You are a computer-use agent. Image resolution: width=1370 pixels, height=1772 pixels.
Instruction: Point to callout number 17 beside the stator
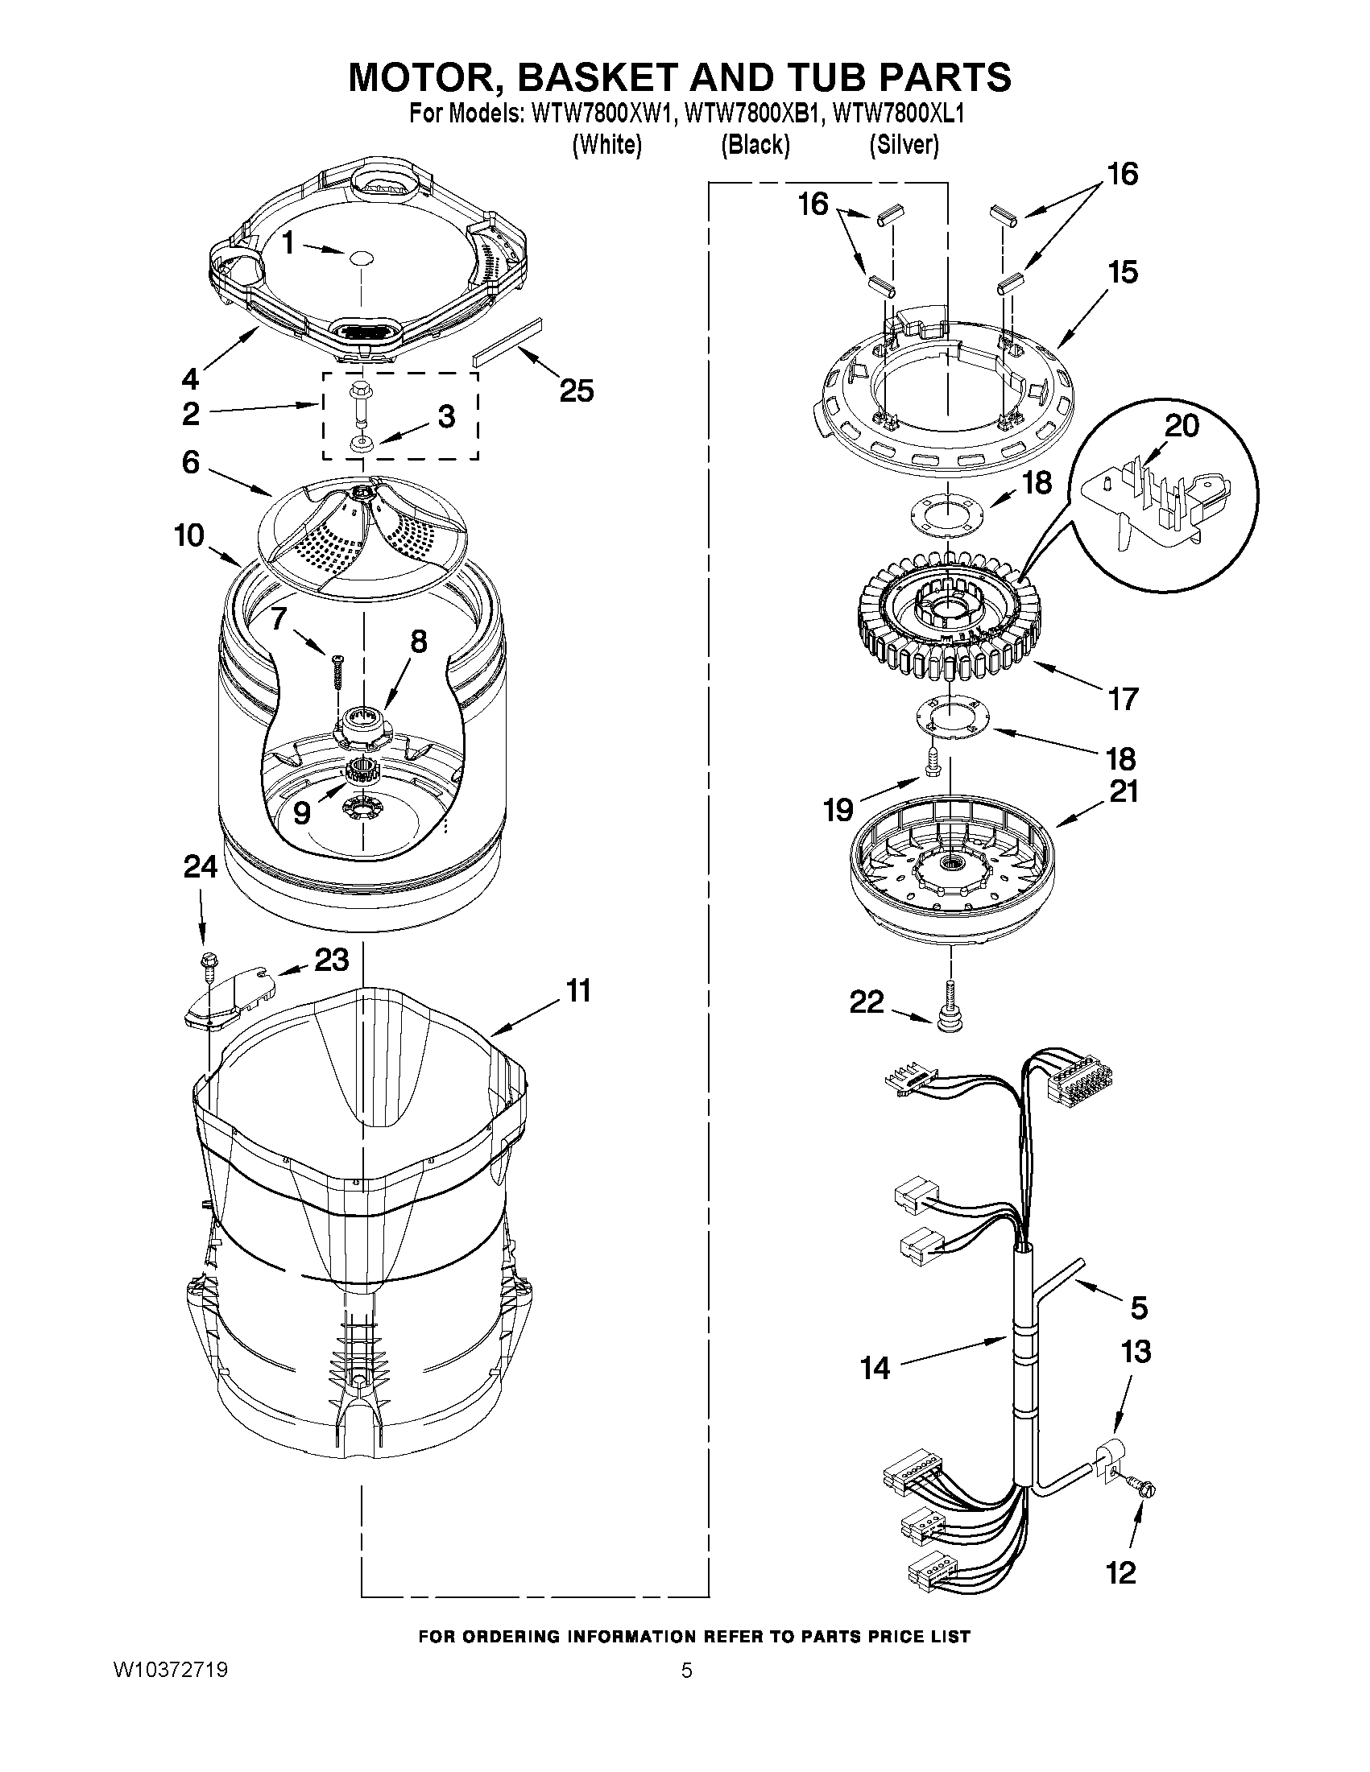(x=1124, y=699)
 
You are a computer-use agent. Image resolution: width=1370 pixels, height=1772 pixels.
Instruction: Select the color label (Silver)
(x=904, y=145)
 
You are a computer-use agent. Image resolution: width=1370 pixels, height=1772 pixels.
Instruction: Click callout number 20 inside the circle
(x=1181, y=425)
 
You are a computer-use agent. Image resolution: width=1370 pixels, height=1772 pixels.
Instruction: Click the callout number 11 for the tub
(x=578, y=991)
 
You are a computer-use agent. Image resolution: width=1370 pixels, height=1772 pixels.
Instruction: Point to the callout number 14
(x=875, y=1368)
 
